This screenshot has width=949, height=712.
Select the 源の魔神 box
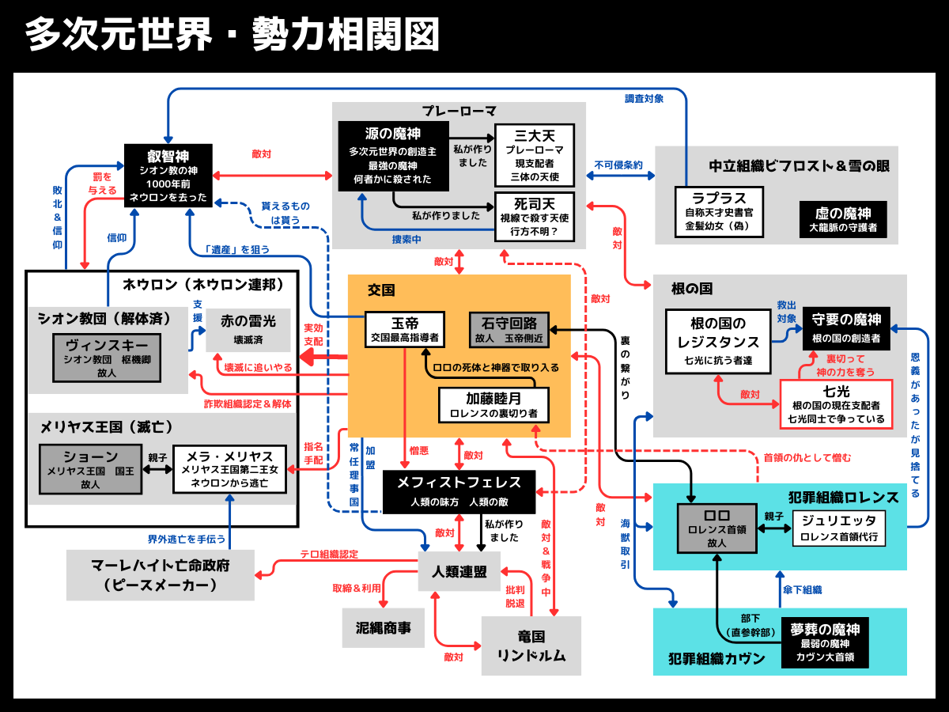pyautogui.click(x=393, y=156)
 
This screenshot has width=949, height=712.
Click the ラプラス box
pyautogui.click(x=720, y=211)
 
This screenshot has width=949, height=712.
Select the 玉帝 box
pyautogui.click(x=404, y=329)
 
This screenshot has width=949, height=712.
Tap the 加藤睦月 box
pyautogui.click(x=493, y=403)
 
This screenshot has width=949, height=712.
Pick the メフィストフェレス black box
pyautogui.click(x=459, y=491)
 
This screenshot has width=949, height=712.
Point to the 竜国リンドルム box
pyautogui.click(x=531, y=646)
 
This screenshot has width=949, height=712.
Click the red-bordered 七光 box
pyautogui.click(x=837, y=403)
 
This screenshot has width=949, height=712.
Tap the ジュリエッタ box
pyautogui.click(x=838, y=528)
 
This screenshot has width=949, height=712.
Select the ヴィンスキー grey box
pyautogui.click(x=106, y=356)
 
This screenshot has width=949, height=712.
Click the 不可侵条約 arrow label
pyautogui.click(x=618, y=165)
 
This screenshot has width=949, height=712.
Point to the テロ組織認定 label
pyautogui.click(x=329, y=554)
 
